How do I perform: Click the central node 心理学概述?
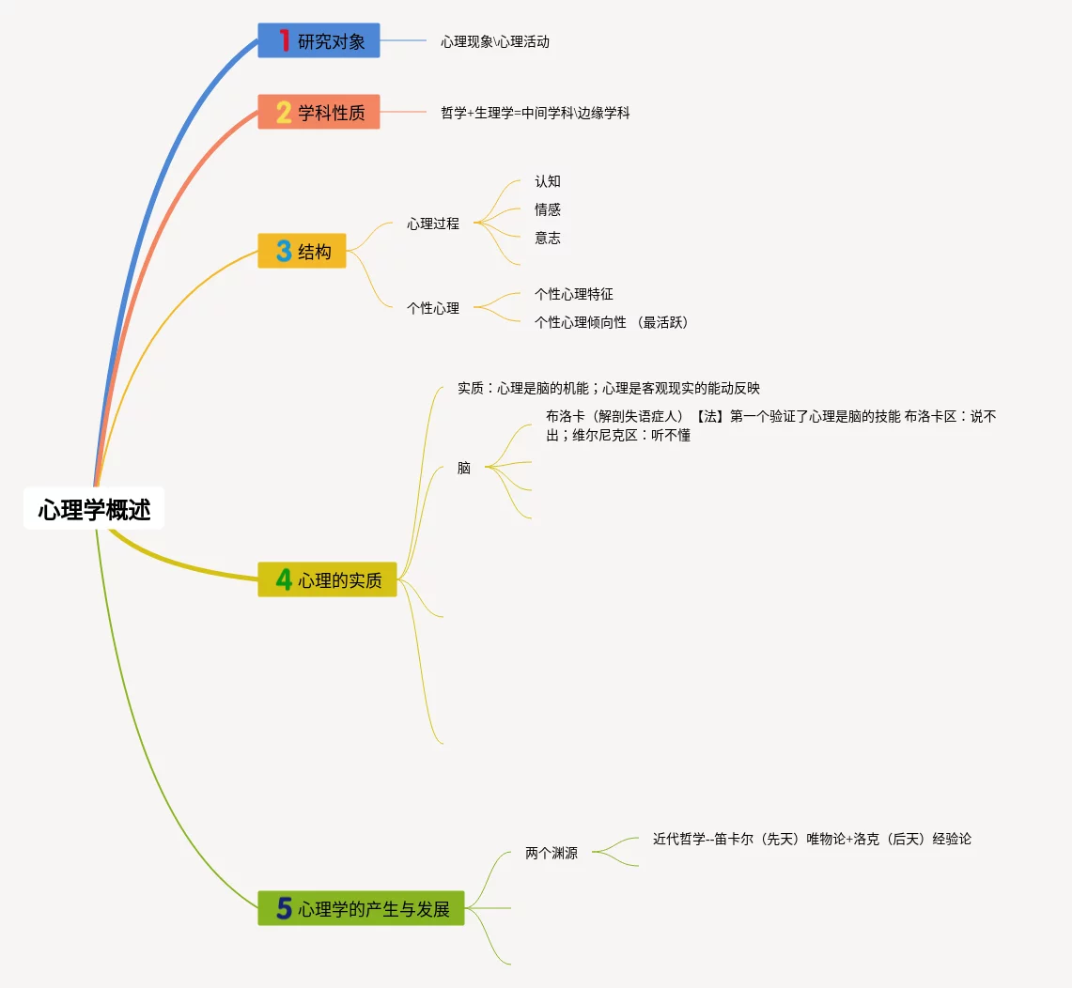tap(94, 509)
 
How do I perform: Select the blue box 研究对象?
tap(318, 41)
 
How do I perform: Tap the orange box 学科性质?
tap(318, 113)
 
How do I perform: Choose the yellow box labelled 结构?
tap(302, 251)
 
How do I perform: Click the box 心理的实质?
tap(327, 579)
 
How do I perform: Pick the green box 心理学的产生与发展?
tap(361, 908)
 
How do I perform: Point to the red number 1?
tap(285, 41)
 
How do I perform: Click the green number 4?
tap(284, 580)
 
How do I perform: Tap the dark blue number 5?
tap(284, 908)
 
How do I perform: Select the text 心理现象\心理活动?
tap(495, 41)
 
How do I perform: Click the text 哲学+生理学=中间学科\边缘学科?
tap(536, 113)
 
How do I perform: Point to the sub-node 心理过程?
tap(433, 224)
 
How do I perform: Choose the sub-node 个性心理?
tap(433, 307)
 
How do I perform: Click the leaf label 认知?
tap(548, 181)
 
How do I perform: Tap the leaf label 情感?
tap(548, 209)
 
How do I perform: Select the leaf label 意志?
tap(548, 238)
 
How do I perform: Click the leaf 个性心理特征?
tap(574, 294)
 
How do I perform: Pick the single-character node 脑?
tap(464, 468)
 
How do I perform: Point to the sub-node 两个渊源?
tap(552, 854)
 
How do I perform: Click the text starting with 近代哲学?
tap(812, 839)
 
